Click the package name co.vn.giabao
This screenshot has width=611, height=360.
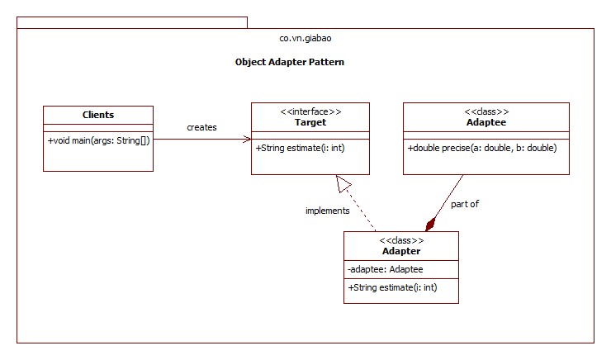(306, 38)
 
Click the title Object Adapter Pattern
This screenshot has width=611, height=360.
(290, 62)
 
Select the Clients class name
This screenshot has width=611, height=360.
(98, 115)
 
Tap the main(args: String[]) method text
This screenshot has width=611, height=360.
(98, 140)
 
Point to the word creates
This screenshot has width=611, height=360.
(201, 127)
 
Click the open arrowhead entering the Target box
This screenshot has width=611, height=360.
(247, 140)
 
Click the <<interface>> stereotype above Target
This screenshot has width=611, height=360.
(310, 111)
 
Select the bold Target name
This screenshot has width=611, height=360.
(310, 122)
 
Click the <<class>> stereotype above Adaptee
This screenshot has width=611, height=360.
(486, 111)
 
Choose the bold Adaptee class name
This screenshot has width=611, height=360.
(486, 122)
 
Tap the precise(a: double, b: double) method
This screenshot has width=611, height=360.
(482, 149)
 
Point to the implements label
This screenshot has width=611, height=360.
(327, 211)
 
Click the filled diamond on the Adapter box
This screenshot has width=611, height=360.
(430, 224)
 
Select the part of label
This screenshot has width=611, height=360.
(465, 203)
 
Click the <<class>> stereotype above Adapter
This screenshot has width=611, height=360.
(401, 240)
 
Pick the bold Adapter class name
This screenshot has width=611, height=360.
(401, 251)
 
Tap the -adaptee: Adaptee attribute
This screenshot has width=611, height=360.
(386, 269)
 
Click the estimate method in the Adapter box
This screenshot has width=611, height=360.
(392, 287)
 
